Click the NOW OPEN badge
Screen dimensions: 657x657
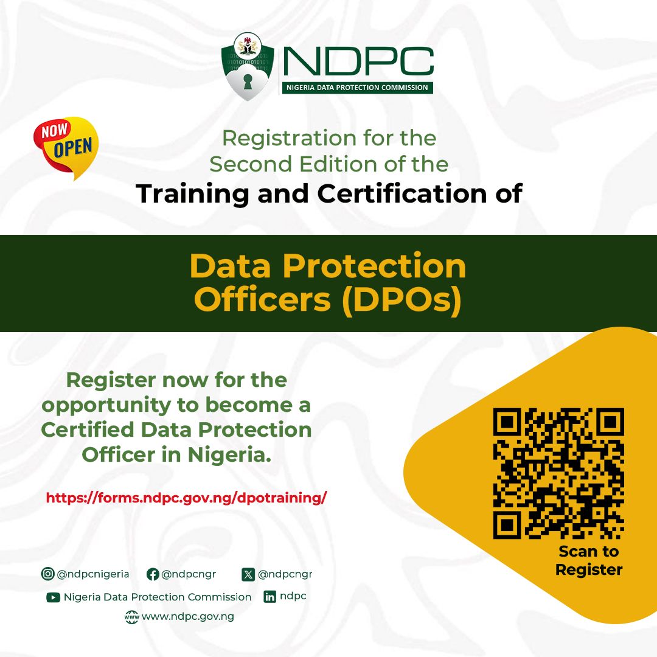66,147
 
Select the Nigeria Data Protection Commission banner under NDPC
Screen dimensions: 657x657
357,88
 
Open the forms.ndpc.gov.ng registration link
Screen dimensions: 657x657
186,498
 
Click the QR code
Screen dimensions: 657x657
558,474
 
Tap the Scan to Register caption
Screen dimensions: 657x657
588,561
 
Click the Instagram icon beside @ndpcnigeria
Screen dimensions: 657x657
47,574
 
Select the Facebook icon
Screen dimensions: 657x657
153,574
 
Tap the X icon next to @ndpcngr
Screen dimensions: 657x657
248,574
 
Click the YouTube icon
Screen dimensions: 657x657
53,597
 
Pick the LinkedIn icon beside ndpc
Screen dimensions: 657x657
269,597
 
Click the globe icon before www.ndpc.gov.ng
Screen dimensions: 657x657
131,617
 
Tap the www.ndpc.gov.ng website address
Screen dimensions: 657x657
187,617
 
